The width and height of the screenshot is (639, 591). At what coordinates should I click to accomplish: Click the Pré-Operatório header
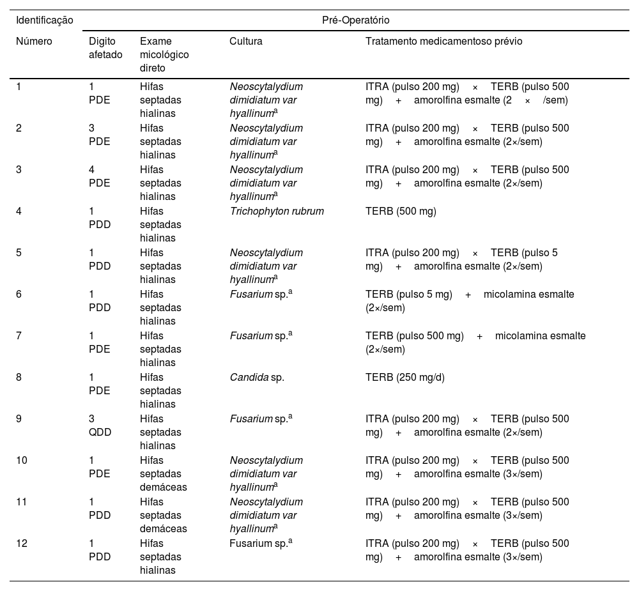pyautogui.click(x=356, y=20)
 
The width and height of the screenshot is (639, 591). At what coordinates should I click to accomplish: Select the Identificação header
pyautogui.click(x=45, y=20)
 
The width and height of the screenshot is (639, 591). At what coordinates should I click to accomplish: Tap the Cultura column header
pyautogui.click(x=246, y=42)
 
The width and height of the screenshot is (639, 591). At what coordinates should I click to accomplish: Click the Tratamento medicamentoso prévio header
pyautogui.click(x=443, y=42)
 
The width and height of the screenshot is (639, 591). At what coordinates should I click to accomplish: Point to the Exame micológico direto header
pyautogui.click(x=164, y=54)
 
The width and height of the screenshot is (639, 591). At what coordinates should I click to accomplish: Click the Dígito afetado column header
pyautogui.click(x=105, y=48)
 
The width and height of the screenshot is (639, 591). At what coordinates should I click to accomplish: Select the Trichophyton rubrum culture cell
pyautogui.click(x=277, y=211)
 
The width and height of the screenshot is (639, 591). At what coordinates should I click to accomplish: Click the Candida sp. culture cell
pyautogui.click(x=257, y=377)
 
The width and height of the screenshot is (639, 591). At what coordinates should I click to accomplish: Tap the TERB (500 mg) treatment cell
pyautogui.click(x=401, y=211)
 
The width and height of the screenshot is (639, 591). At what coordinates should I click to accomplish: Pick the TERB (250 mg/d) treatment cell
pyautogui.click(x=404, y=377)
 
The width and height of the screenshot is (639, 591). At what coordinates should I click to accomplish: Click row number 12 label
pyautogui.click(x=22, y=543)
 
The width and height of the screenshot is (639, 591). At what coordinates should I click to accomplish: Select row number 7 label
pyautogui.click(x=19, y=335)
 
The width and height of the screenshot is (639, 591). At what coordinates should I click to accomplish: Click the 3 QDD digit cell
pyautogui.click(x=100, y=426)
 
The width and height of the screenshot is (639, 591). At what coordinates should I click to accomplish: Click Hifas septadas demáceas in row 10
pyautogui.click(x=163, y=473)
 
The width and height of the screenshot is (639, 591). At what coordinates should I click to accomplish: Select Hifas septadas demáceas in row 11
pyautogui.click(x=163, y=515)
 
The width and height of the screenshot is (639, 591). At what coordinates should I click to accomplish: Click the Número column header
pyautogui.click(x=34, y=42)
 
